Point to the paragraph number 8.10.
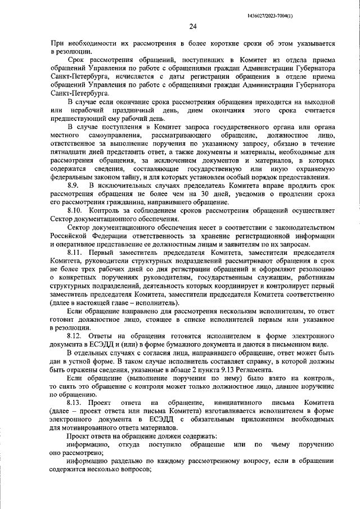pos(75,210)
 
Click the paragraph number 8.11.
pos(75,253)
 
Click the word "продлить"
pos(304,186)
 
